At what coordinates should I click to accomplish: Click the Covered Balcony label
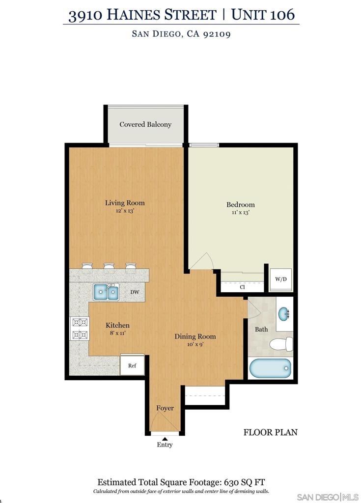(145, 124)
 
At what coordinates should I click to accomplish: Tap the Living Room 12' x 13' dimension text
(125, 211)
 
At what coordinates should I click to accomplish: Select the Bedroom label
(240, 205)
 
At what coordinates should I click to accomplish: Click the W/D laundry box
(281, 279)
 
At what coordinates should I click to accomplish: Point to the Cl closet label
(242, 287)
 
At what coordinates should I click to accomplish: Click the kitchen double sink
(106, 292)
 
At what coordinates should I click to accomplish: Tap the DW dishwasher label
(135, 292)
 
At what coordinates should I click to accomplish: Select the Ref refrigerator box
(132, 365)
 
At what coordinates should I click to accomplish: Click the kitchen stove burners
(80, 328)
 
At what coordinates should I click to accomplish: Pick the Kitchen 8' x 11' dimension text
(118, 333)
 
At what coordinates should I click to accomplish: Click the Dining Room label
(195, 336)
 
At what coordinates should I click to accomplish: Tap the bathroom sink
(284, 314)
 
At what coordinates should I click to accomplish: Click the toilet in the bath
(281, 344)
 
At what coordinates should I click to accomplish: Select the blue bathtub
(271, 368)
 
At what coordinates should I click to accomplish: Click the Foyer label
(165, 408)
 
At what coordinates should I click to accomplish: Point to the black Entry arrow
(165, 439)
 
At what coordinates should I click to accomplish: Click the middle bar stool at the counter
(109, 268)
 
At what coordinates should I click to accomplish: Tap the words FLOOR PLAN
(271, 432)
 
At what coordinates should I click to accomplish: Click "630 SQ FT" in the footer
(245, 482)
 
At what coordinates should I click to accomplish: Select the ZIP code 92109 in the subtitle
(217, 34)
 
